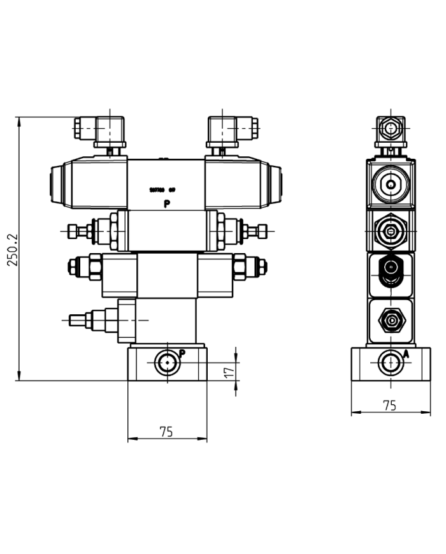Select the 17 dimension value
[x=229, y=371]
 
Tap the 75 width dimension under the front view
[x=166, y=432]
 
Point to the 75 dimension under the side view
[x=389, y=405]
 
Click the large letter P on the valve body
[x=167, y=205]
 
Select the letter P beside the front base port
[x=182, y=353]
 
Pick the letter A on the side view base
[x=405, y=353]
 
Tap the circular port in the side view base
[x=389, y=363]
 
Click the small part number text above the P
[x=162, y=190]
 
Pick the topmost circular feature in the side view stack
[x=389, y=185]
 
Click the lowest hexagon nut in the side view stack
[x=389, y=318]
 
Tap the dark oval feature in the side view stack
[x=389, y=270]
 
